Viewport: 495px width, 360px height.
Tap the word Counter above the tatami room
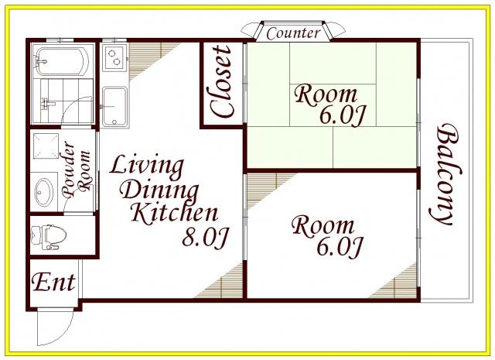pos(293,33)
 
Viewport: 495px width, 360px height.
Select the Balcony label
pos(445,174)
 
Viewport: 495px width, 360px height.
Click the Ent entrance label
pos(53,282)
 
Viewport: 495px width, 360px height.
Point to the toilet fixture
pos(49,237)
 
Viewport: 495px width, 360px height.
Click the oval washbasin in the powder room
pos(44,192)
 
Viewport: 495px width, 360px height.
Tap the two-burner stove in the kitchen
pos(114,57)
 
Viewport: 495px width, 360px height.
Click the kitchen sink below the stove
pos(115,107)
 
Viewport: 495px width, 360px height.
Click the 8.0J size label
pos(205,237)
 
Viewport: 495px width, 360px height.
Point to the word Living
pos(147,166)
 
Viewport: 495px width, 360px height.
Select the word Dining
pos(160,190)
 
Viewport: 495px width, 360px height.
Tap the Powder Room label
pos(77,170)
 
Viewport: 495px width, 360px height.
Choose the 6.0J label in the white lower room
pos(339,247)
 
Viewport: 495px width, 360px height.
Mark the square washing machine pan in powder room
pos(46,146)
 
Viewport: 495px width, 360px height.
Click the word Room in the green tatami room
pos(326,94)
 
